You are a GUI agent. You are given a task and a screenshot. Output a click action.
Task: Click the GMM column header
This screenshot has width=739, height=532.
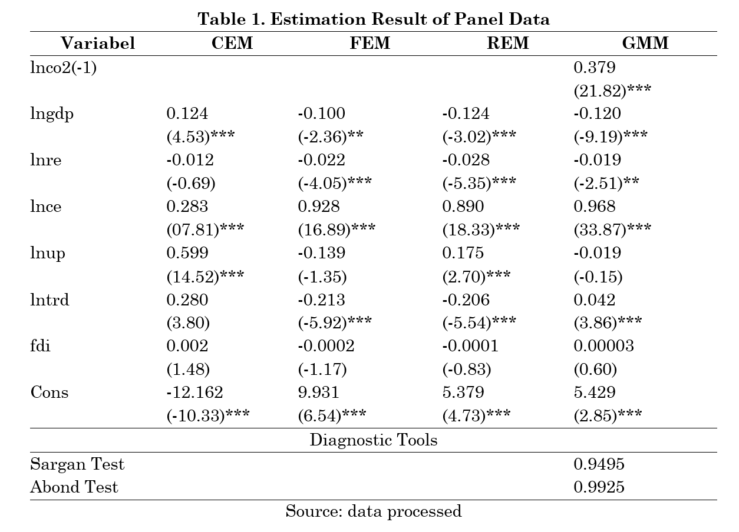pos(645,43)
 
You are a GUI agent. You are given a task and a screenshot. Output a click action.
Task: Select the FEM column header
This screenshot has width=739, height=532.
pos(370,43)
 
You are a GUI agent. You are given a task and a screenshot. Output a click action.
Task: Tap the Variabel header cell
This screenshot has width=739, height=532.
pos(98,43)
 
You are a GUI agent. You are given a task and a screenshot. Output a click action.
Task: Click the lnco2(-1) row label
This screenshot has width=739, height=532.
pos(63,68)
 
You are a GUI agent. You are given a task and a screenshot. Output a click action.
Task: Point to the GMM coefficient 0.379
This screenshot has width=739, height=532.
pos(595,68)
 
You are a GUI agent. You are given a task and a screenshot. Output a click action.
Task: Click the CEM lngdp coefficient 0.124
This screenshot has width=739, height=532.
pos(187,114)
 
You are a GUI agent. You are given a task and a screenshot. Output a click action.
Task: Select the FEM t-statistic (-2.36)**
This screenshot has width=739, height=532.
pos(331,137)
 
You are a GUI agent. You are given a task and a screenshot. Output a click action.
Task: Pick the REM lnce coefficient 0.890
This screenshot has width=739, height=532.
pos(463,207)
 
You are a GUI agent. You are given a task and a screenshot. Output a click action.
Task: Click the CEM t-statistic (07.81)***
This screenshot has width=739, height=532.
pos(205,230)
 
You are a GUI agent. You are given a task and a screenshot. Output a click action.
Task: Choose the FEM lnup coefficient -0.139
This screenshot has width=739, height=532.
pos(322,253)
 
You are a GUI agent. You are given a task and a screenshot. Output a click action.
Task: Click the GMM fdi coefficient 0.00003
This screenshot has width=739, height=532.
pos(603,346)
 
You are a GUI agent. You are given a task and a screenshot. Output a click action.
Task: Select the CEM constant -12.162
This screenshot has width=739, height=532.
pos(194,393)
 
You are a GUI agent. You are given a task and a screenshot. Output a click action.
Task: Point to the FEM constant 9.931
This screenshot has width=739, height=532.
pos(318,393)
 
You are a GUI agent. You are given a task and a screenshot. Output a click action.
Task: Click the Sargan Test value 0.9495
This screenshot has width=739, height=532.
pos(599,464)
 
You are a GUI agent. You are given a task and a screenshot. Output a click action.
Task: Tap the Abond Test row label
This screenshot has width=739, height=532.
pos(74,487)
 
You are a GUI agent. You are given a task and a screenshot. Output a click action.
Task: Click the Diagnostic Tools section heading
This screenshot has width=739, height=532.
pos(374,440)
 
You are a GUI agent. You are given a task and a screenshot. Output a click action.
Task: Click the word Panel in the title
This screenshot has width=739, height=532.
pos(479,19)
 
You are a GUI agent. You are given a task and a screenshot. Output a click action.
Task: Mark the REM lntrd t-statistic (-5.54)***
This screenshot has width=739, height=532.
pos(479,322)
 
